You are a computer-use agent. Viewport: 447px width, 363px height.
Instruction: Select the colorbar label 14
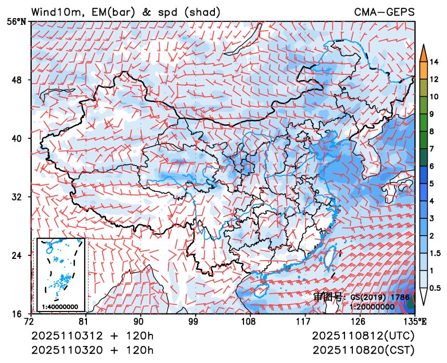435,63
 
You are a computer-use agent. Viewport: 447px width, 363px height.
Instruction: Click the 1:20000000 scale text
372,306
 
